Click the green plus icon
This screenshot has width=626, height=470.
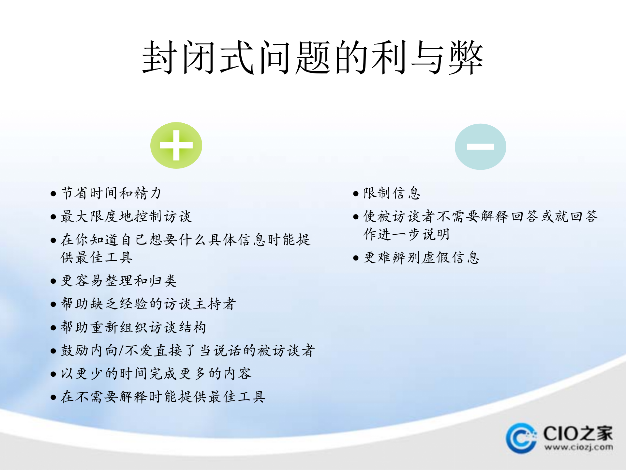coord(176,145)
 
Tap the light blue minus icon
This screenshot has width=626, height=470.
coord(480,147)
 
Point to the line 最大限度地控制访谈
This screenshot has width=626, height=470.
coord(127,216)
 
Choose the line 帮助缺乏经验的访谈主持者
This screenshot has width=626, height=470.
coord(148,304)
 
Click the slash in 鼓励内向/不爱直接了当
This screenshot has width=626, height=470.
coord(121,351)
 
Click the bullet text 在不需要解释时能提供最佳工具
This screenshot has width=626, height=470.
coord(163,397)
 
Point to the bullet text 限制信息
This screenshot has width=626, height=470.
coord(392,193)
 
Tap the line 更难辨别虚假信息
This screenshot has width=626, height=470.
coord(421,258)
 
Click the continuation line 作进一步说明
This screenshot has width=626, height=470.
coord(407,234)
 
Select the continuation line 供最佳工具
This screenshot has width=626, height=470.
coord(97,258)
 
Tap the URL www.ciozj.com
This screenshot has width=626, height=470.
coord(578,447)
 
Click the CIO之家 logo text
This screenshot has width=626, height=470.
coord(578,433)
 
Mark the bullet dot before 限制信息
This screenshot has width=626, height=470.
coord(356,194)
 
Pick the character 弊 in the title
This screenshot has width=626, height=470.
coord(466,58)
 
